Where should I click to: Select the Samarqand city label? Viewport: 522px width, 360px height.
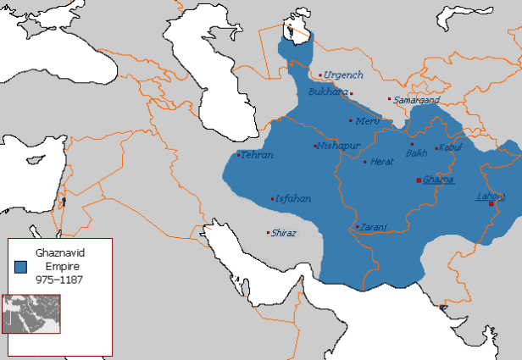[417, 100]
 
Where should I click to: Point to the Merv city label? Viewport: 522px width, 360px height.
[367, 121]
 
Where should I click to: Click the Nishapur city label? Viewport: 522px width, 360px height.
[339, 146]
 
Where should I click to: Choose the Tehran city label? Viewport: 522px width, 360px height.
[257, 155]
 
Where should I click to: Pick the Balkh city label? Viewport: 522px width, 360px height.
[416, 153]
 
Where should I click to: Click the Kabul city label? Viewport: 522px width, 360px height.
[451, 148]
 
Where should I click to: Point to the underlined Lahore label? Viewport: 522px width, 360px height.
[490, 197]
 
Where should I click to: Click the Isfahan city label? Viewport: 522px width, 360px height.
[293, 198]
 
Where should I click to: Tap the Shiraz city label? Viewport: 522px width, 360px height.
[283, 233]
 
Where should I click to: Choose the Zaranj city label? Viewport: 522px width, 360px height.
[373, 227]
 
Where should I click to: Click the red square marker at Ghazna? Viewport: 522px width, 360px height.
[419, 180]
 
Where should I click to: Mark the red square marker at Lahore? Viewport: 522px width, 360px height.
[491, 203]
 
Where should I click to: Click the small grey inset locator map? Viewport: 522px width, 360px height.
[31, 315]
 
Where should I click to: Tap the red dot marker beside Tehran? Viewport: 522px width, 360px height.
[238, 155]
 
